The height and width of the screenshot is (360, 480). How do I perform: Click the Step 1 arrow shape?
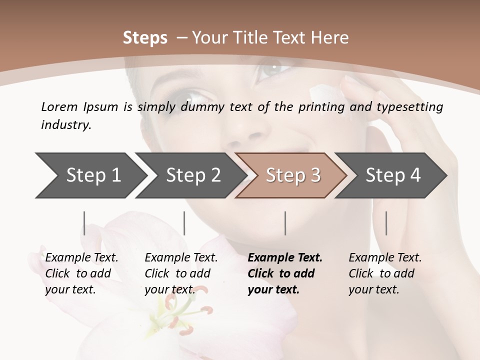pyautogui.click(x=90, y=175)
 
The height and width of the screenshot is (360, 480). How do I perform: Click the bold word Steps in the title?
pyautogui.click(x=145, y=38)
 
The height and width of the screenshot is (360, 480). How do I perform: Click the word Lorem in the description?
pyautogui.click(x=58, y=106)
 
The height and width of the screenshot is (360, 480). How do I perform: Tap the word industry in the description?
pyautogui.click(x=65, y=124)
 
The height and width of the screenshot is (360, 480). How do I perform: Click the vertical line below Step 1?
pyautogui.click(x=84, y=223)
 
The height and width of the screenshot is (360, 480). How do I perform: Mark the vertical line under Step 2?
pyautogui.click(x=184, y=223)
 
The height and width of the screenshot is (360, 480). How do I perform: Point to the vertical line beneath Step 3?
pyautogui.click(x=285, y=223)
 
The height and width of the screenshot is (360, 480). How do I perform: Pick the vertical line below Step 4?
pyautogui.click(x=386, y=223)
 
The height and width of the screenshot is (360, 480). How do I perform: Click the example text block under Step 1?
pyautogui.click(x=81, y=273)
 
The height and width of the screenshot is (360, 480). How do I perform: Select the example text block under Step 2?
pyautogui.click(x=181, y=273)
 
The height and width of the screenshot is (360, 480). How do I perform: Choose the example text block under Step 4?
pyautogui.click(x=385, y=273)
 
